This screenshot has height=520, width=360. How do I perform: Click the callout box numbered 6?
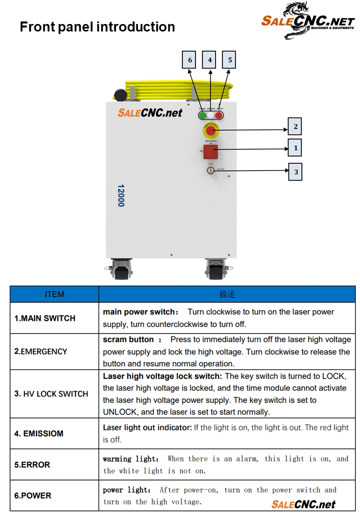(x=189, y=60)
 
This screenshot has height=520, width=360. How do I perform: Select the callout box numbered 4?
(x=209, y=60)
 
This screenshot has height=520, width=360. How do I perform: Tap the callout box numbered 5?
(x=229, y=60)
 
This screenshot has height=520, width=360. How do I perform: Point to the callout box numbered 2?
(x=295, y=126)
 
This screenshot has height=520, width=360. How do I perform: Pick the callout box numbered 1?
(x=295, y=148)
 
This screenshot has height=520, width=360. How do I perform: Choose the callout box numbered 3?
(x=295, y=171)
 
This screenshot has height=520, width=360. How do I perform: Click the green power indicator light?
(x=202, y=115)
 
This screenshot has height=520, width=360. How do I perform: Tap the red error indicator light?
(x=218, y=115)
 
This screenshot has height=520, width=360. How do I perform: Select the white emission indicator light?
(x=210, y=115)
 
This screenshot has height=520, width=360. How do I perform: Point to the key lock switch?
(x=210, y=170)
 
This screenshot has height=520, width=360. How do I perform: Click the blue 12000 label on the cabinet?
(x=121, y=195)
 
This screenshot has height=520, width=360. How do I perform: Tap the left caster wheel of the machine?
(x=120, y=269)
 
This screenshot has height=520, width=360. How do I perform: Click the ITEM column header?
(x=54, y=294)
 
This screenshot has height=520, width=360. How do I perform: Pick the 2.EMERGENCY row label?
(x=40, y=351)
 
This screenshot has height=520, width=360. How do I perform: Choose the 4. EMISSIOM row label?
(x=39, y=433)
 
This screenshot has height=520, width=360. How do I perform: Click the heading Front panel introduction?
(x=97, y=27)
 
